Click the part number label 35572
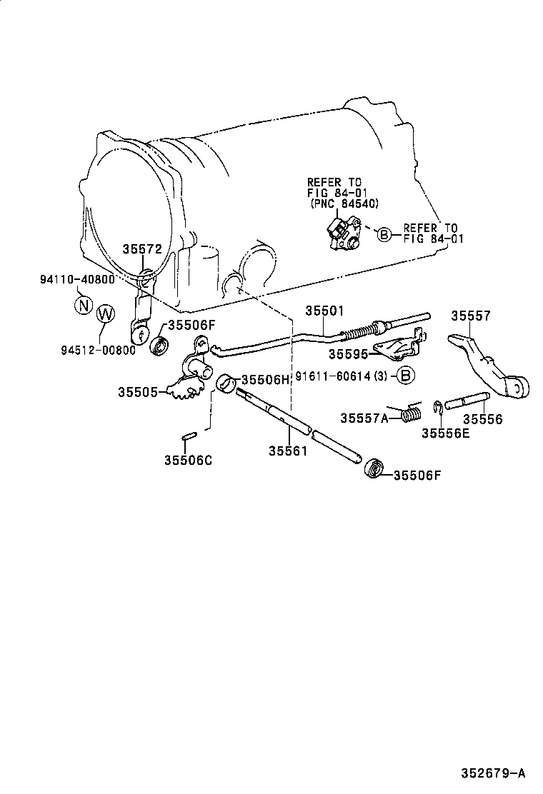click(142, 249)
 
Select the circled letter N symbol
click(84, 306)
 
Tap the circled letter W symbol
click(105, 314)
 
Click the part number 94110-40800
click(76, 279)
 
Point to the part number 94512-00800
click(98, 350)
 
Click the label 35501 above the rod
click(325, 311)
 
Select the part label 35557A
click(364, 418)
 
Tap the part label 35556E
click(445, 432)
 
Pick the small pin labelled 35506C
click(189, 436)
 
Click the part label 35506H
click(265, 379)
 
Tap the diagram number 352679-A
click(492, 773)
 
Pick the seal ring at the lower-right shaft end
click(373, 470)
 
